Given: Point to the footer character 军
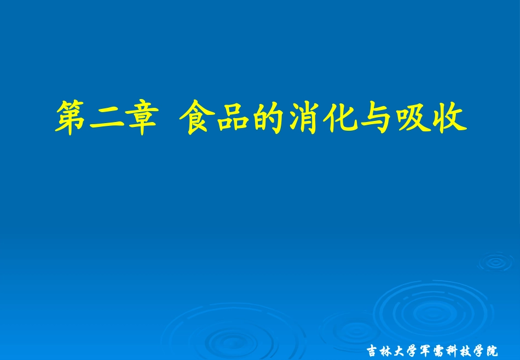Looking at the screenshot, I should point(425,350).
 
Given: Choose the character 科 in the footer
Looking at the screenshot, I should point(452,350).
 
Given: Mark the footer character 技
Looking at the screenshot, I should point(465,350).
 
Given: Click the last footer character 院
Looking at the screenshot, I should point(492,350).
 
